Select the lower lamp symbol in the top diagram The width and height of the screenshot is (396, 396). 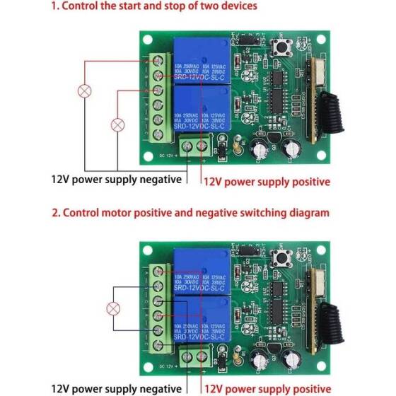(x=117, y=124)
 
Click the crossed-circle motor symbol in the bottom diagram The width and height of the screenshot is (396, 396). (x=112, y=308)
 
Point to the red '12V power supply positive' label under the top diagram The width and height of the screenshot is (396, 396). (x=267, y=182)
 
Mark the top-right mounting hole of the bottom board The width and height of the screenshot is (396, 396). (x=322, y=250)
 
